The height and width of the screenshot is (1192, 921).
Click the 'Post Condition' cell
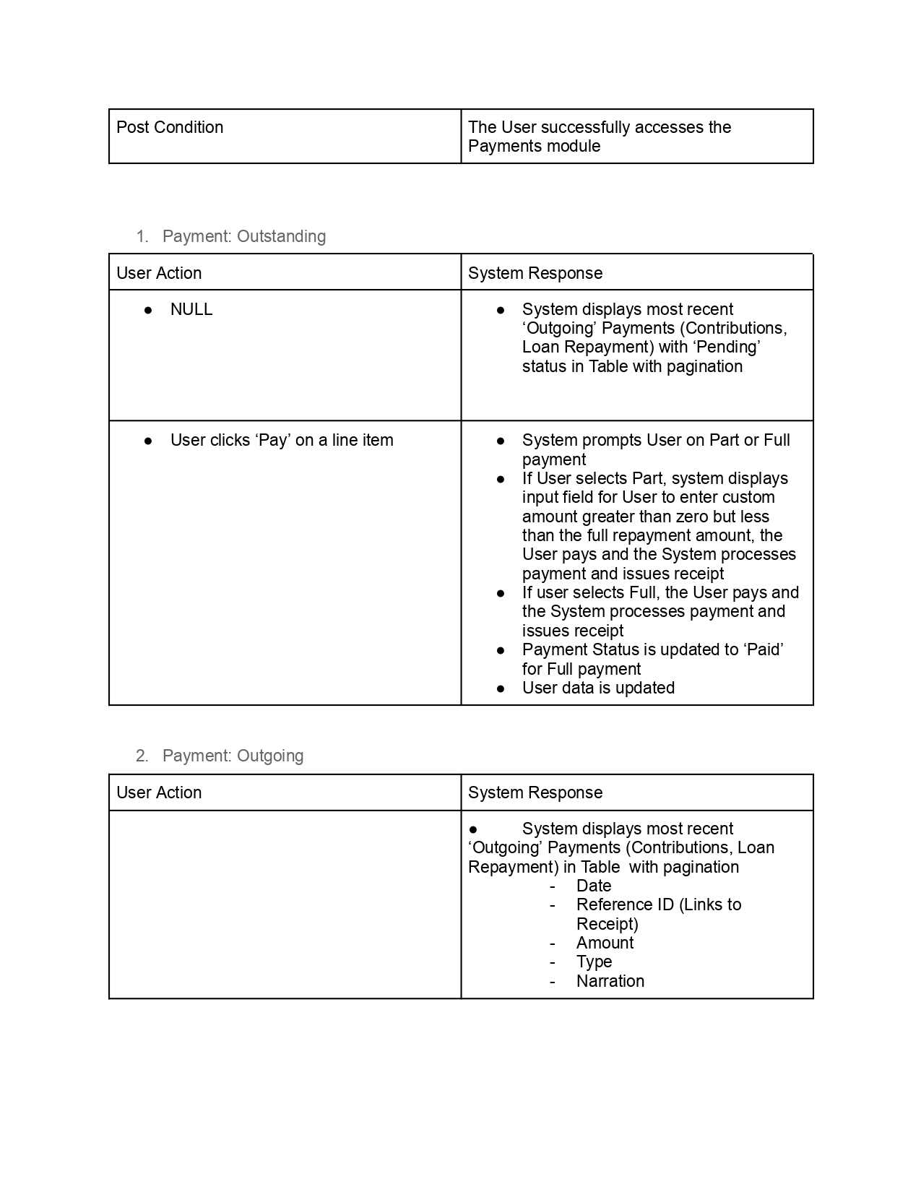click(170, 128)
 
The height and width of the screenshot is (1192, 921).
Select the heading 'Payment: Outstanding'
click(244, 236)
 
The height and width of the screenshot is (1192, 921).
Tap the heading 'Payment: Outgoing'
click(233, 756)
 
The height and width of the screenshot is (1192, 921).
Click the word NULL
click(191, 309)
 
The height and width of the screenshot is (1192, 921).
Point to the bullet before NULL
click(148, 310)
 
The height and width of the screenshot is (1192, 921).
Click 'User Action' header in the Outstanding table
click(159, 273)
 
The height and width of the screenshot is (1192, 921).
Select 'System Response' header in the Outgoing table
click(535, 792)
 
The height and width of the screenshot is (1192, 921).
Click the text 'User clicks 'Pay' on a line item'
click(282, 440)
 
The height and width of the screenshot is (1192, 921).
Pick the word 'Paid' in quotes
click(763, 649)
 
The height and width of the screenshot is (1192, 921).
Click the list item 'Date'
click(594, 886)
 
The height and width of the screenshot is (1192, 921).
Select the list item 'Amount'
click(605, 943)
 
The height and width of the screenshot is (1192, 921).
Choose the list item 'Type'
click(594, 962)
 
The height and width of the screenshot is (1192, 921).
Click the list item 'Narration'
click(610, 981)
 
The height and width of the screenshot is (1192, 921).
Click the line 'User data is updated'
click(598, 688)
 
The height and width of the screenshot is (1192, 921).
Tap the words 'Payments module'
click(535, 147)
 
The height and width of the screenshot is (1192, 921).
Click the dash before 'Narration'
click(553, 981)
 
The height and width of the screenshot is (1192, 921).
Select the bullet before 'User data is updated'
click(501, 688)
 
